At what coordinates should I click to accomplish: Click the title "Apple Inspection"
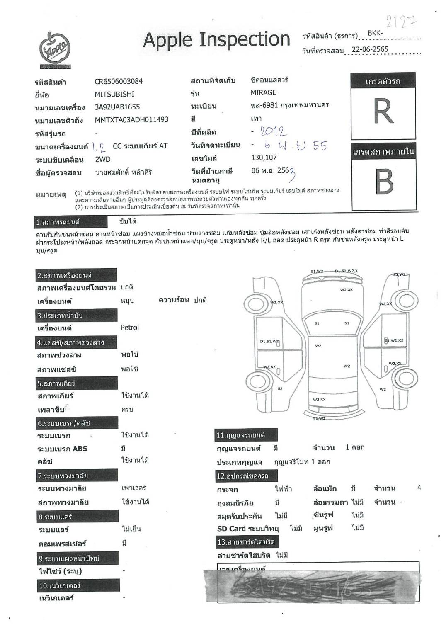coord(216,40)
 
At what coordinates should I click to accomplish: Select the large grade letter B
coord(384,182)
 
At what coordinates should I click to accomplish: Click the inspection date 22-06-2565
coord(370,49)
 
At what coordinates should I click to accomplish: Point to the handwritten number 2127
coord(401,21)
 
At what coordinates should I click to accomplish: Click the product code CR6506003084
coord(119,81)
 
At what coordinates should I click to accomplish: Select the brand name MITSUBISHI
coord(114,94)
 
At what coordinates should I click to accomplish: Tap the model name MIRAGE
coord(263,92)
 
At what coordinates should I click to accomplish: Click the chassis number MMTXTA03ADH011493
coord(131,120)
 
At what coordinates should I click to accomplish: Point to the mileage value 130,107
coord(264,158)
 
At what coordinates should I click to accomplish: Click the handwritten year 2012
coord(273,132)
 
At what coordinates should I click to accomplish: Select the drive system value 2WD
coord(103,159)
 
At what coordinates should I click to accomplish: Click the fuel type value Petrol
coord(130,328)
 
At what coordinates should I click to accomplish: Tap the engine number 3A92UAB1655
coord(117,107)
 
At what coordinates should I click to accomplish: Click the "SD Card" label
coord(231,529)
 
